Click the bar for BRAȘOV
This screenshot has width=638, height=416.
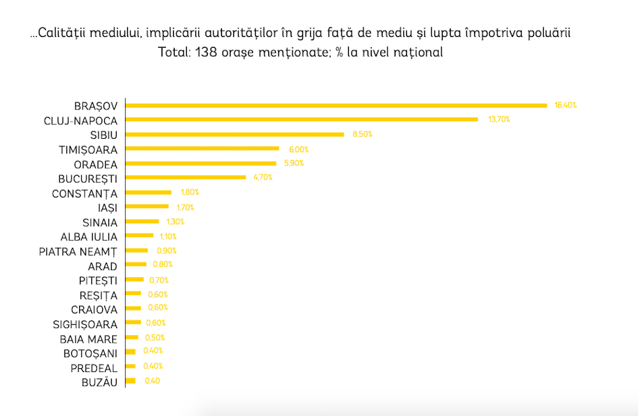point(336,105)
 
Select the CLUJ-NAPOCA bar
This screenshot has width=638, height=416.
point(302,119)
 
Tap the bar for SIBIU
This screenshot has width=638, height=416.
point(235,134)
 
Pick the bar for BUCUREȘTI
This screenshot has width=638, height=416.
point(186,177)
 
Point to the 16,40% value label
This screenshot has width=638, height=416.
point(565,105)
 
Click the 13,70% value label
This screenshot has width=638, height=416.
point(499,119)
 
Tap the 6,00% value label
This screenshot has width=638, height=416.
point(299,149)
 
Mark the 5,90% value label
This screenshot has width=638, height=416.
point(293,163)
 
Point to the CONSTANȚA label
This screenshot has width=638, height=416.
point(85,193)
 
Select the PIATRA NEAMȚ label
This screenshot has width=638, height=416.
point(78,251)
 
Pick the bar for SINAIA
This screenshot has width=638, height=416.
point(142,221)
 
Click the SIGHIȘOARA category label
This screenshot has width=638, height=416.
point(85,324)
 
